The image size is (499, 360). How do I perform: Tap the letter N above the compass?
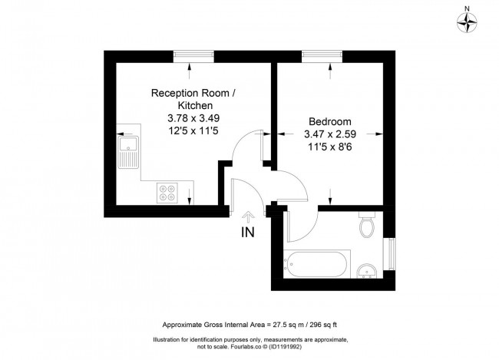[x=468, y=9]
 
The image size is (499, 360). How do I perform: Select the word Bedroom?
[x=330, y=121]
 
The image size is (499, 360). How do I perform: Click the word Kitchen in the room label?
[x=195, y=105]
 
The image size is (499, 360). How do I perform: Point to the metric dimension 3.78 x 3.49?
[x=193, y=118]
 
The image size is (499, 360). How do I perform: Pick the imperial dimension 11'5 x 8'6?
[x=330, y=147]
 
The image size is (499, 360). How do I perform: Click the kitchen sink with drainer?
[x=128, y=152]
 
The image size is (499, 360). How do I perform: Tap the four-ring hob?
[x=167, y=193]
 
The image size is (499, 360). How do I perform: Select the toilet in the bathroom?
[x=367, y=224]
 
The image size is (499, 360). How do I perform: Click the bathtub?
[x=317, y=265]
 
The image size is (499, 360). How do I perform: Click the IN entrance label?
[x=248, y=233]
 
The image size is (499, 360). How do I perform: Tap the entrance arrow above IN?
[x=248, y=217]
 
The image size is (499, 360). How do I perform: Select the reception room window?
[x=193, y=57]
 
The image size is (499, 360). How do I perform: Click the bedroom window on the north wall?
[x=322, y=57]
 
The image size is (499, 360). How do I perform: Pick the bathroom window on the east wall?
[x=389, y=254]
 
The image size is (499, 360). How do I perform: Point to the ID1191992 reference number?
[x=286, y=347]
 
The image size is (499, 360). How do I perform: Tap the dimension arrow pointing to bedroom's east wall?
[x=375, y=134]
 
